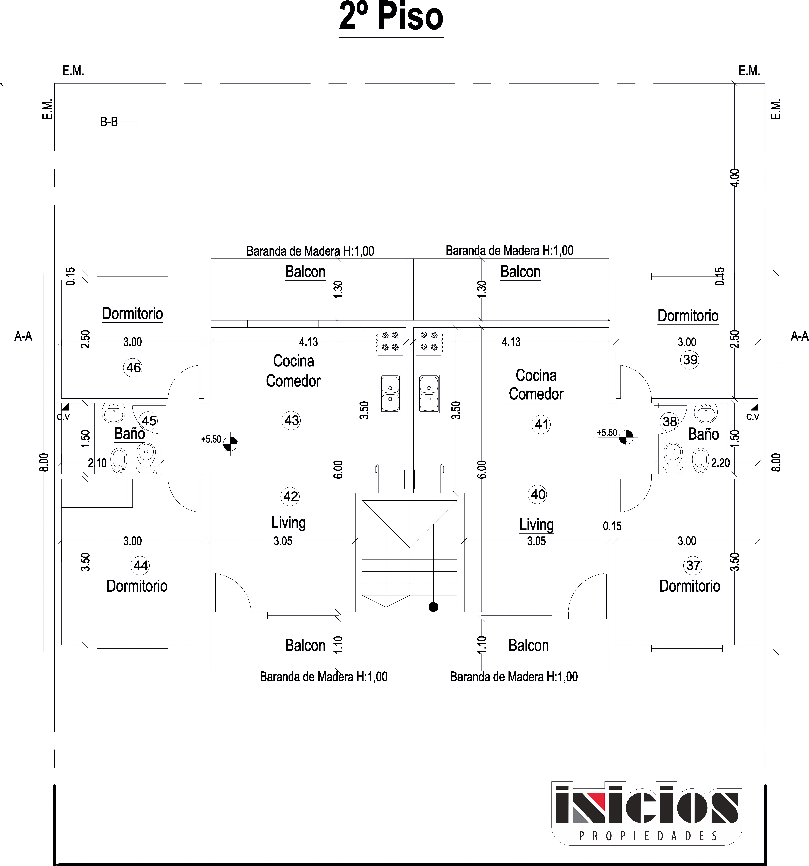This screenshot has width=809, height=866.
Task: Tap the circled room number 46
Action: pyautogui.click(x=133, y=368)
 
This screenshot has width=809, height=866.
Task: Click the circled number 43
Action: pyautogui.click(x=291, y=420)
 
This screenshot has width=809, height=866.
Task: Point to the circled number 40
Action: pyautogui.click(x=538, y=494)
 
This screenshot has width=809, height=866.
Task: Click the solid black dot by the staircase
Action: pyautogui.click(x=433, y=607)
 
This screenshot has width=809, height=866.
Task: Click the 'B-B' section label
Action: pyautogui.click(x=109, y=122)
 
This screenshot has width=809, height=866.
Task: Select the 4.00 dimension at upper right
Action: pyautogui.click(x=734, y=178)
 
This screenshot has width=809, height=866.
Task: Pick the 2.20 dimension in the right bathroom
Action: pyautogui.click(x=721, y=463)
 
